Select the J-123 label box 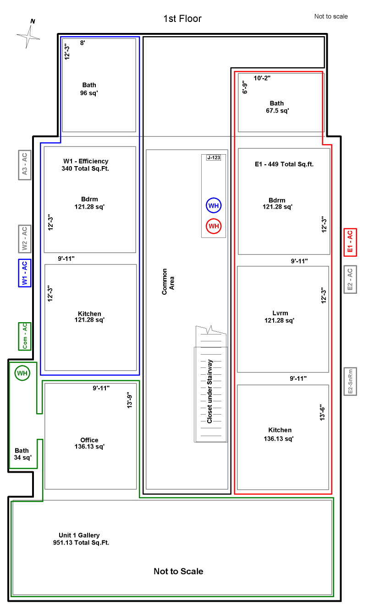click(214, 157)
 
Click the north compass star click(28, 37)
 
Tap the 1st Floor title click(182, 19)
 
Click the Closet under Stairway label click(209, 391)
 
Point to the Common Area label click(168, 282)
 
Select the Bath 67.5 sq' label click(277, 107)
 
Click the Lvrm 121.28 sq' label click(280, 317)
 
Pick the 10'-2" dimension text click(262, 78)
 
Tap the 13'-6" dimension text click(322, 412)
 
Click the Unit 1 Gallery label click(79, 535)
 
